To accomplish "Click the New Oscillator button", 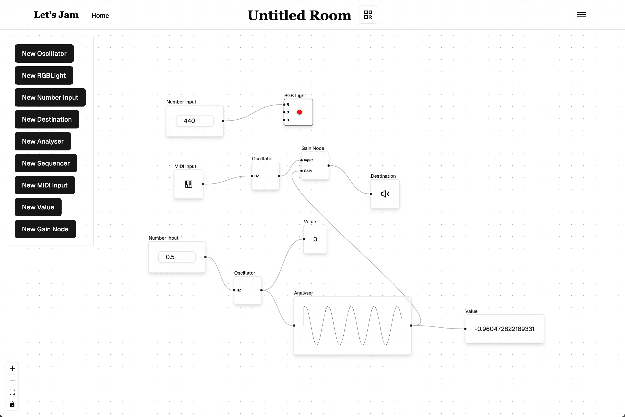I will click(44, 53).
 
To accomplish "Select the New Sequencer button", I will click(46, 163).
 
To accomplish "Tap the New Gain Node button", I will click(45, 229).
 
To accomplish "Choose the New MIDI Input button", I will click(45, 185).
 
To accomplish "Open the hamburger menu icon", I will click(581, 15).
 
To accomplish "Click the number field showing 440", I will click(195, 121).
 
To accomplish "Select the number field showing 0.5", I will click(177, 257).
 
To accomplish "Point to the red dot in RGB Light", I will click(299, 112).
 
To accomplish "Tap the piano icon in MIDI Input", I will click(189, 184).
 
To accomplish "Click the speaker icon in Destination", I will click(385, 194).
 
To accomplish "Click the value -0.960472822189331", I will click(504, 329).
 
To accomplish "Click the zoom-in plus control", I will click(12, 368).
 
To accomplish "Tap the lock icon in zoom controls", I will click(12, 404).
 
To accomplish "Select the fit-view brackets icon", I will click(12, 392).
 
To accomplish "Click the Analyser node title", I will click(303, 293).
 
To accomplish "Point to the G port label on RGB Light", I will click(288, 112).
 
